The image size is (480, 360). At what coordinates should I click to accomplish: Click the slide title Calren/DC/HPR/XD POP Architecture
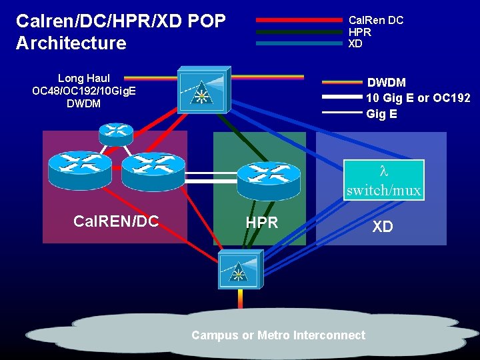pyautogui.click(x=120, y=32)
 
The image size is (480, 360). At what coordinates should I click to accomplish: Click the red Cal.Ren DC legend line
pyautogui.click(x=298, y=20)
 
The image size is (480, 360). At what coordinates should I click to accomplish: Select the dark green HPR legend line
pyautogui.click(x=298, y=31)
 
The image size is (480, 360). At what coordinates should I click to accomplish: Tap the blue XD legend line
pyautogui.click(x=298, y=43)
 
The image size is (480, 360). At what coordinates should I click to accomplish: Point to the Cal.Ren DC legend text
pyautogui.click(x=376, y=20)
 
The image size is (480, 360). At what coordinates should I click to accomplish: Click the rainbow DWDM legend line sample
pyautogui.click(x=342, y=83)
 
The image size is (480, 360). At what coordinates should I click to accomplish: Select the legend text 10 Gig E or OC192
pyautogui.click(x=418, y=98)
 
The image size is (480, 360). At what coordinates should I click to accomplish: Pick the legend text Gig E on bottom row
pyautogui.click(x=382, y=114)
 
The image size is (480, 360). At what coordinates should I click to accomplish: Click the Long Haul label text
pyautogui.click(x=84, y=79)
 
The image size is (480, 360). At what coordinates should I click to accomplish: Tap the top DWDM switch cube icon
pyautogui.click(x=203, y=90)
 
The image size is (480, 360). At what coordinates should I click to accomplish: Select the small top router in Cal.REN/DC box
pyautogui.click(x=115, y=133)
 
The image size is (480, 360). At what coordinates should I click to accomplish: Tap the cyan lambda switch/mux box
pyautogui.click(x=383, y=179)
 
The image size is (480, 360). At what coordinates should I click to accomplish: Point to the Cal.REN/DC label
pyautogui.click(x=117, y=221)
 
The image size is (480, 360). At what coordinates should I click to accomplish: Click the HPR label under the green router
pyautogui.click(x=262, y=223)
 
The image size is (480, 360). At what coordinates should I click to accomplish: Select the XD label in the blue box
pyautogui.click(x=383, y=227)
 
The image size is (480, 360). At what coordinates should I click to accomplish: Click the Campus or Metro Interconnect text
pyautogui.click(x=278, y=335)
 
